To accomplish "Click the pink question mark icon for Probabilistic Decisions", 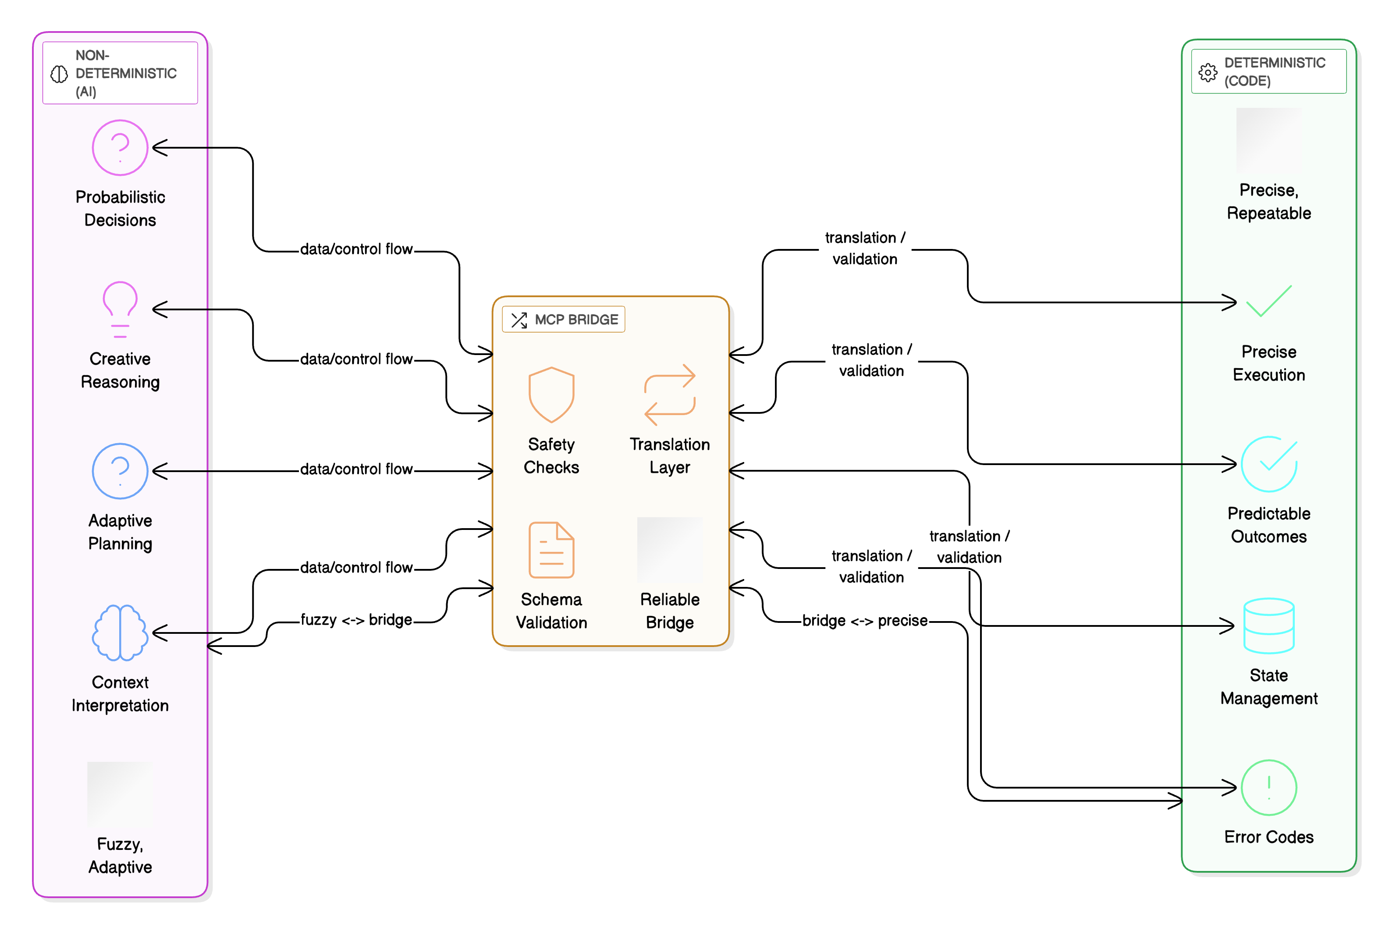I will point(120,147).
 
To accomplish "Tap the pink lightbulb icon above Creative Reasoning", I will point(120,309).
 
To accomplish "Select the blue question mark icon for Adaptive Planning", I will point(120,471).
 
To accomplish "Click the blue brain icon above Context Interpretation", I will point(120,633).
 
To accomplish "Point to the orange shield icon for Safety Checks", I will point(551,395).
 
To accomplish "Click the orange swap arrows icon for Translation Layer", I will point(670,395).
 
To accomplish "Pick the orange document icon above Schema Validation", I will point(551,550).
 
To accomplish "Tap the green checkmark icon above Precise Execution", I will point(1268,302).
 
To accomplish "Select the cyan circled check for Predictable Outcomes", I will point(1268,464).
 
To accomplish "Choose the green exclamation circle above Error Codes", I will point(1268,787).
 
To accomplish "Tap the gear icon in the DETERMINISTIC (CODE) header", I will point(1208,72).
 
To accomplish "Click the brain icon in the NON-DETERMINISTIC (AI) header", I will point(59,74).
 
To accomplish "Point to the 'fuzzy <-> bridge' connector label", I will point(356,620).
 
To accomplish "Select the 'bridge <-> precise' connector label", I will point(864,621).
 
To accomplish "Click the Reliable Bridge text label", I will point(670,611).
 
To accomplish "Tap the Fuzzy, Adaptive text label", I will point(120,855).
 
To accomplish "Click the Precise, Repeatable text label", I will point(1268,201).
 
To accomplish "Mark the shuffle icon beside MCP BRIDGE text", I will point(519,320).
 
